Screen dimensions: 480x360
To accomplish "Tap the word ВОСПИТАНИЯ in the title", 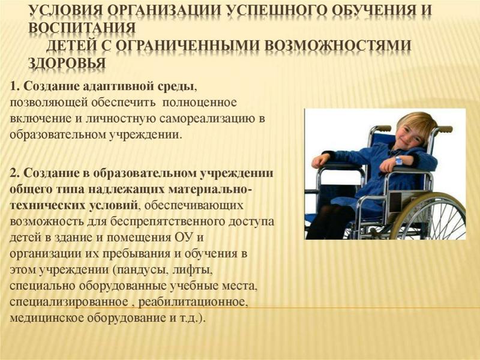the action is click(82, 28).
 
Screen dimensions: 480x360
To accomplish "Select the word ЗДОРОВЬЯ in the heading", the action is click(67, 63).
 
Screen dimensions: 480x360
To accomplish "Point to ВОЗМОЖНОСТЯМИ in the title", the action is click(337, 46).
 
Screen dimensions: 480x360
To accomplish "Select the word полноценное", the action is click(200, 103).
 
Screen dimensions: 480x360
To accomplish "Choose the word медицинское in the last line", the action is click(47, 318).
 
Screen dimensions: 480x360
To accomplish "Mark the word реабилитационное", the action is click(193, 302).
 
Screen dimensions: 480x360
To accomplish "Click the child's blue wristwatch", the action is click(398, 160).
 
